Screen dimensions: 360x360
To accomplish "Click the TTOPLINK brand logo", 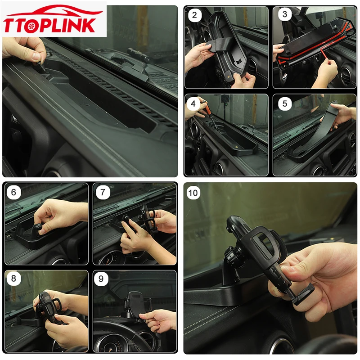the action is tap(53, 19).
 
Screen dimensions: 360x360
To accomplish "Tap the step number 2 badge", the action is tap(194, 15).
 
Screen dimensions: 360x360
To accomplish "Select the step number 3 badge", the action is tap(285, 14).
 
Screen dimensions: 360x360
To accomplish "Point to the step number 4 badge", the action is tap(193, 103).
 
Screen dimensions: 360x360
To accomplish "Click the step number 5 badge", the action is tap(285, 103).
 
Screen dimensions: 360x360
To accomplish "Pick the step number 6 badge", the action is tap(13, 192).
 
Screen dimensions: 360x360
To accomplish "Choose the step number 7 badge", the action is tap(103, 192).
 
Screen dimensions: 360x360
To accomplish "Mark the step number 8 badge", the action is tap(13, 279).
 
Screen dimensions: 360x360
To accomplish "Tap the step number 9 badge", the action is tap(101, 279).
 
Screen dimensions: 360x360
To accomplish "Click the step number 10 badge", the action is tap(193, 193).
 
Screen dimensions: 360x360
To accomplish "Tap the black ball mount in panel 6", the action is tap(37, 228).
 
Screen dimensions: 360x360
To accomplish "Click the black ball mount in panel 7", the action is tap(126, 218).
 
